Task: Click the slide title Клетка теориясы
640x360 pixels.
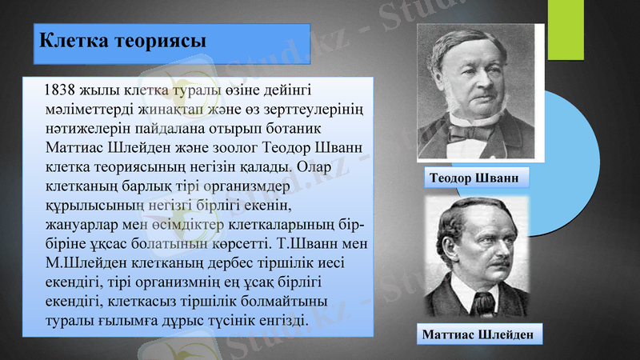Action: pyautogui.click(x=122, y=40)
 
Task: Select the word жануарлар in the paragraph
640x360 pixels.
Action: pyautogui.click(x=82, y=225)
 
